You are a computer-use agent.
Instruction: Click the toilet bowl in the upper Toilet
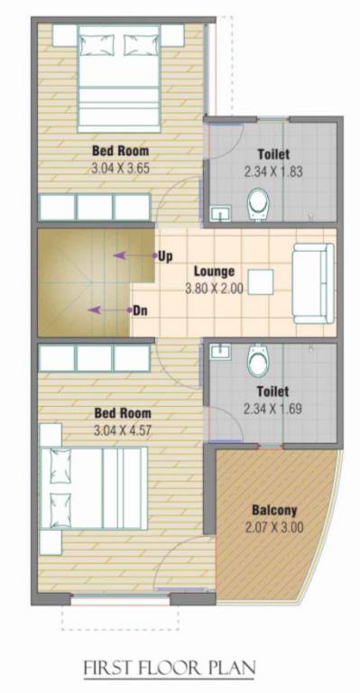click(x=258, y=203)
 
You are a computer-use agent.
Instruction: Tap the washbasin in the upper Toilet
click(x=219, y=213)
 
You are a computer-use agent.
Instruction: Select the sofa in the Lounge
click(x=313, y=282)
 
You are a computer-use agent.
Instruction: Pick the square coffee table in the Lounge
click(x=262, y=282)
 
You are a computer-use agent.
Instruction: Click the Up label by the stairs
click(x=165, y=256)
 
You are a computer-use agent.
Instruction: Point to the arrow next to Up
click(x=133, y=256)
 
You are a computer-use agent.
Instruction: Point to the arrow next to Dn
click(x=107, y=310)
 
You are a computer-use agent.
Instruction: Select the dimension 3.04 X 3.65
click(x=120, y=169)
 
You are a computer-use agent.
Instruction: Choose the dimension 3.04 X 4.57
click(x=122, y=430)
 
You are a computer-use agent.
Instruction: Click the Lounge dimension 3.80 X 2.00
click(x=214, y=289)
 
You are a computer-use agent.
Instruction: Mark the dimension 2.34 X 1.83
click(x=272, y=171)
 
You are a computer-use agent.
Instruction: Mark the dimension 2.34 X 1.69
click(x=272, y=409)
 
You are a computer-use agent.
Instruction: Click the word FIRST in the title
click(x=108, y=668)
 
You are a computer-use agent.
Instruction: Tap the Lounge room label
click(x=214, y=272)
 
